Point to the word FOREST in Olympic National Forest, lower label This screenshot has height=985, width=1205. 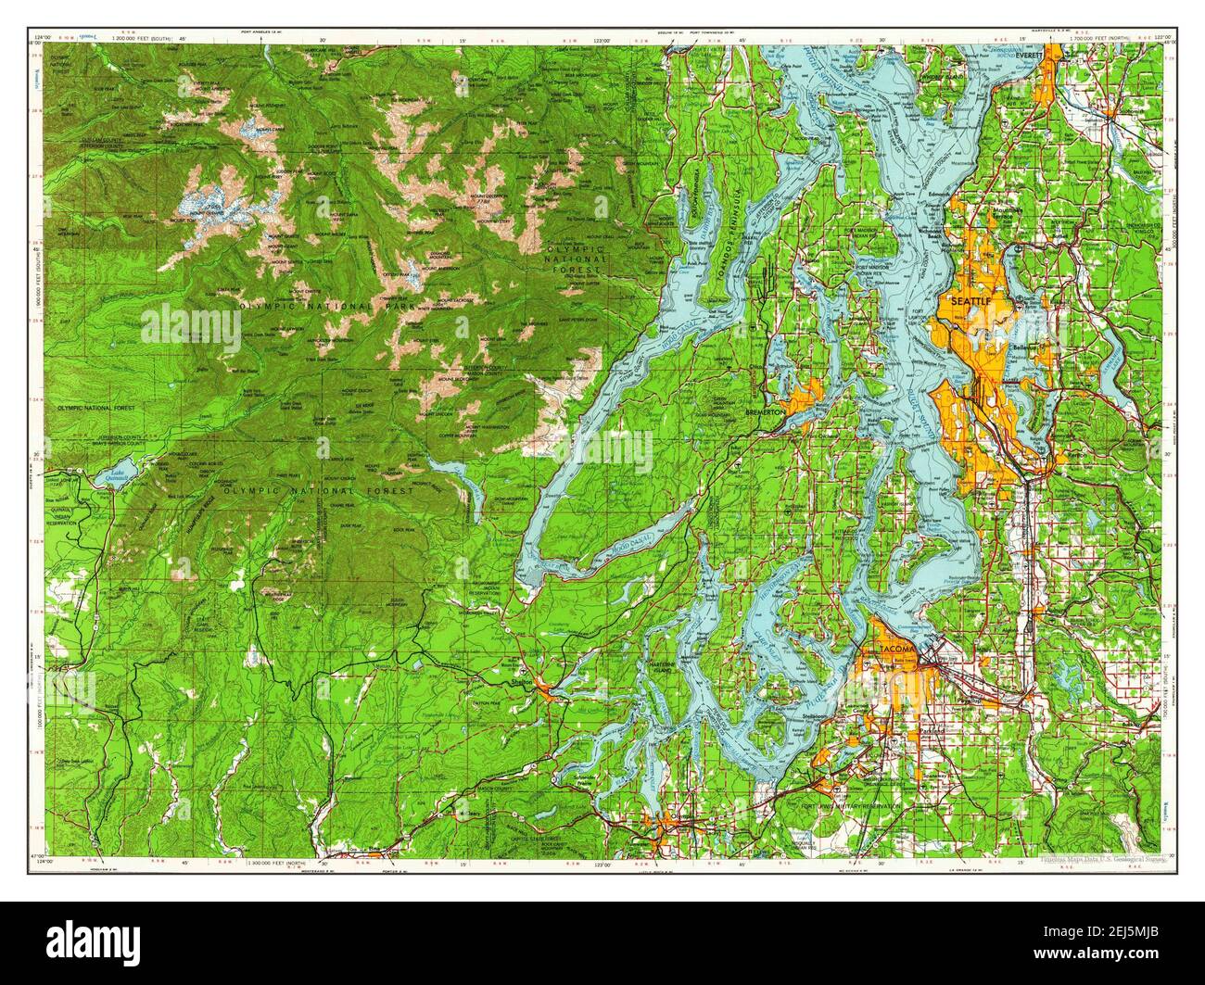pyautogui.click(x=384, y=490)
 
